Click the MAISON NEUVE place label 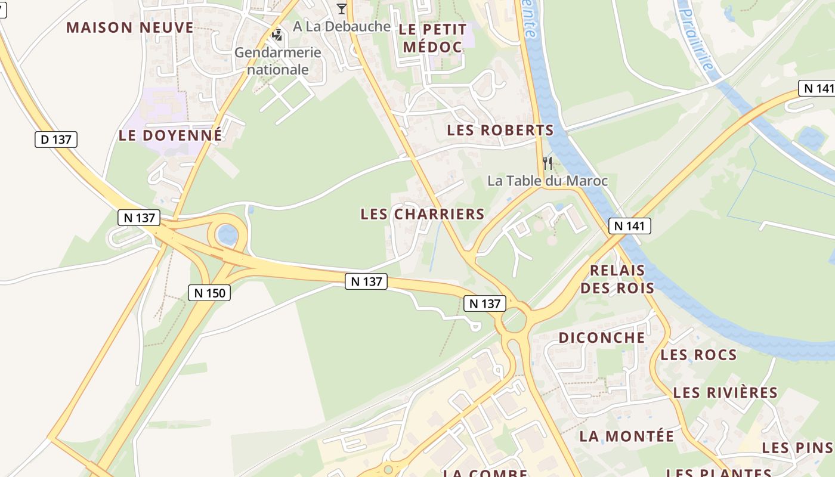coord(130,27)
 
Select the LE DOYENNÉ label coord(170,135)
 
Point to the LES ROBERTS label coord(500,130)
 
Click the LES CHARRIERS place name coord(422,214)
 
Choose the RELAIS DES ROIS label coord(617,279)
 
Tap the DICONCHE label coord(602,337)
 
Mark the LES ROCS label coord(698,355)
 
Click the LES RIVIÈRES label coord(725,393)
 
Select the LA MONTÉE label coord(627,436)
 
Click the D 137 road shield coord(56,140)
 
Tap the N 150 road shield coord(209,293)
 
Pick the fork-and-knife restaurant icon coord(547,163)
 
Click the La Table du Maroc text coord(548,181)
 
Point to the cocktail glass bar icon coord(341,8)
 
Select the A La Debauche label coord(342,27)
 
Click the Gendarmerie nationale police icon coord(277,35)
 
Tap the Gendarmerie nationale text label coord(278,61)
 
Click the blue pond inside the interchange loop coord(227,235)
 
